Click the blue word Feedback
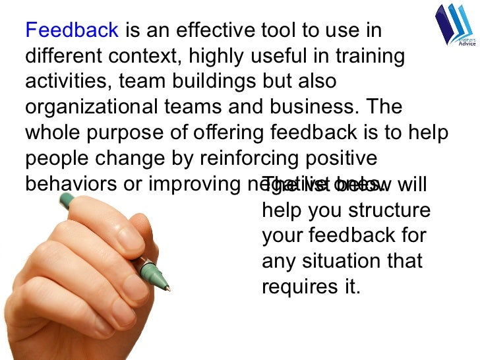[72, 31]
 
